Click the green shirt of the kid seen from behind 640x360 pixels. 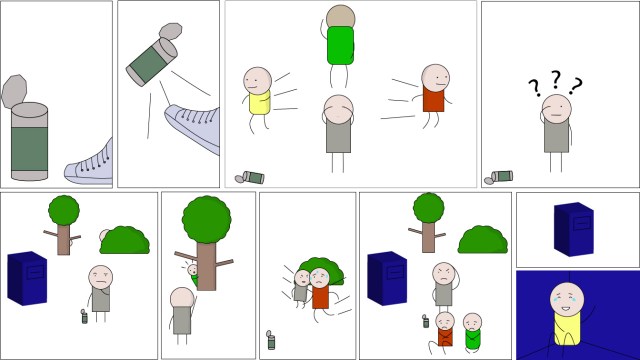[341, 45]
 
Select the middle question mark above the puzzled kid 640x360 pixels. [556, 79]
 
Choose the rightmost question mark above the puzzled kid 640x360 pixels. [575, 86]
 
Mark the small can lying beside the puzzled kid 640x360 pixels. [500, 176]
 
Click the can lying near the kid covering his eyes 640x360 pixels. [252, 177]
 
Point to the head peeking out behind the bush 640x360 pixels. [104, 238]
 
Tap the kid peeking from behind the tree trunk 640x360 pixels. [192, 270]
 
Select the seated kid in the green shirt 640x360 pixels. [471, 330]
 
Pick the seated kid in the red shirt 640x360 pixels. [443, 330]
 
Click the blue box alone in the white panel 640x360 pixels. [574, 229]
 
